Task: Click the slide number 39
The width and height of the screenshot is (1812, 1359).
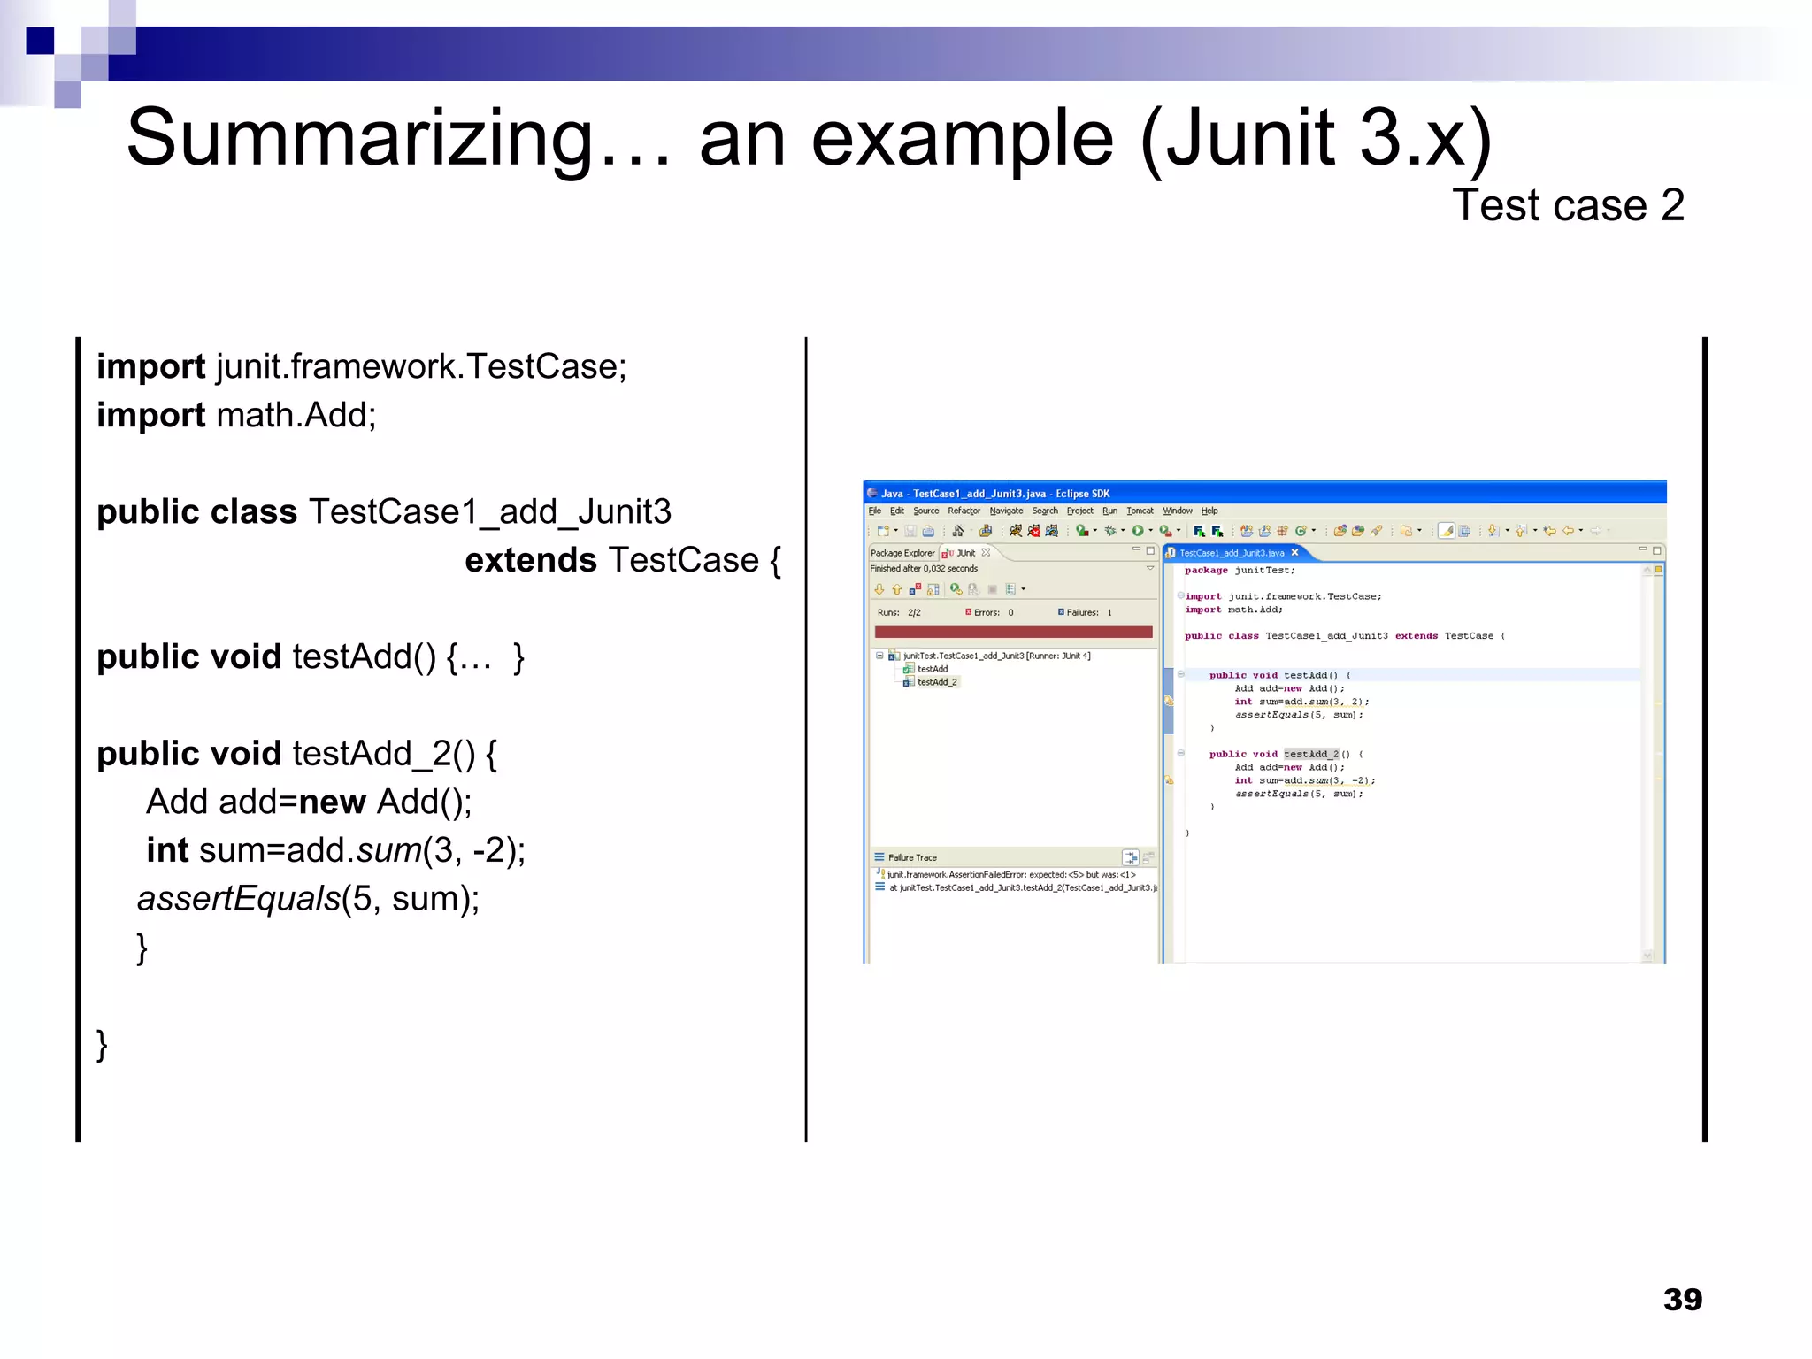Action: pyautogui.click(x=1682, y=1299)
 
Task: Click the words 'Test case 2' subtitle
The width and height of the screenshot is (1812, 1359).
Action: pyautogui.click(x=1568, y=205)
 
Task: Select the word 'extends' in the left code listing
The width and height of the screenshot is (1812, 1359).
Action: pyautogui.click(x=531, y=560)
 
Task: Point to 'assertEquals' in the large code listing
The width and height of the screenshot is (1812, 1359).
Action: pyautogui.click(x=239, y=899)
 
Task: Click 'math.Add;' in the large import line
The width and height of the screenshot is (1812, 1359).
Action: pyautogui.click(x=296, y=415)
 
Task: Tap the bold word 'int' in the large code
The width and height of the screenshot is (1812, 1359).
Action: pyautogui.click(x=167, y=850)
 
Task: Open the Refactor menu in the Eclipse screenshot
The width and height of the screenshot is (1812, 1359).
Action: pyautogui.click(x=964, y=511)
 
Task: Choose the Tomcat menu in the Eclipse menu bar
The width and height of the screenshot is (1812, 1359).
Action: pyautogui.click(x=1140, y=511)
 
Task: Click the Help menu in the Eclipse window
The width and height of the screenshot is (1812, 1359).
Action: pyautogui.click(x=1209, y=511)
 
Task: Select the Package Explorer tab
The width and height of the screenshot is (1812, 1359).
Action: pyautogui.click(x=902, y=553)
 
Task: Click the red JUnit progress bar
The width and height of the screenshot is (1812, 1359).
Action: pyautogui.click(x=1013, y=632)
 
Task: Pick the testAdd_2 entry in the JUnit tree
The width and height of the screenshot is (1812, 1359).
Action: pyautogui.click(x=937, y=682)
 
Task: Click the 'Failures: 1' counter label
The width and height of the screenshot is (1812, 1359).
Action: pyautogui.click(x=1087, y=612)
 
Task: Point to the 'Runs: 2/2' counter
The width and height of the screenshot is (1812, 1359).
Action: pyautogui.click(x=899, y=612)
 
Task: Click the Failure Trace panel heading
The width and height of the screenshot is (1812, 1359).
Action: pyautogui.click(x=912, y=857)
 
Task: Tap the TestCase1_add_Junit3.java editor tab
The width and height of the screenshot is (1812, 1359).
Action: pyautogui.click(x=1232, y=553)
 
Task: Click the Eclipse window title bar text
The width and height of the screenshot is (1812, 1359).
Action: pyautogui.click(x=994, y=494)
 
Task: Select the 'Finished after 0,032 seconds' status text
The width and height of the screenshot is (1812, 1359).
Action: pyautogui.click(x=924, y=569)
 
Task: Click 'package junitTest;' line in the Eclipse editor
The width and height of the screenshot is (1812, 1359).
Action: pyautogui.click(x=1240, y=571)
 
